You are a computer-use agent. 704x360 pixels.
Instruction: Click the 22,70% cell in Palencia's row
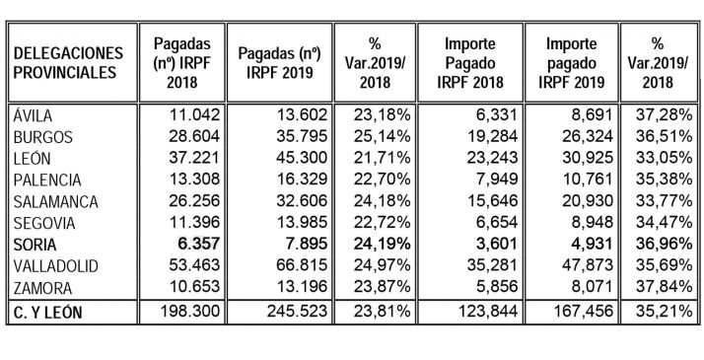pyautogui.click(x=374, y=180)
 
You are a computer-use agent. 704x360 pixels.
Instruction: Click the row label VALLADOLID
pyautogui.click(x=51, y=265)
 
